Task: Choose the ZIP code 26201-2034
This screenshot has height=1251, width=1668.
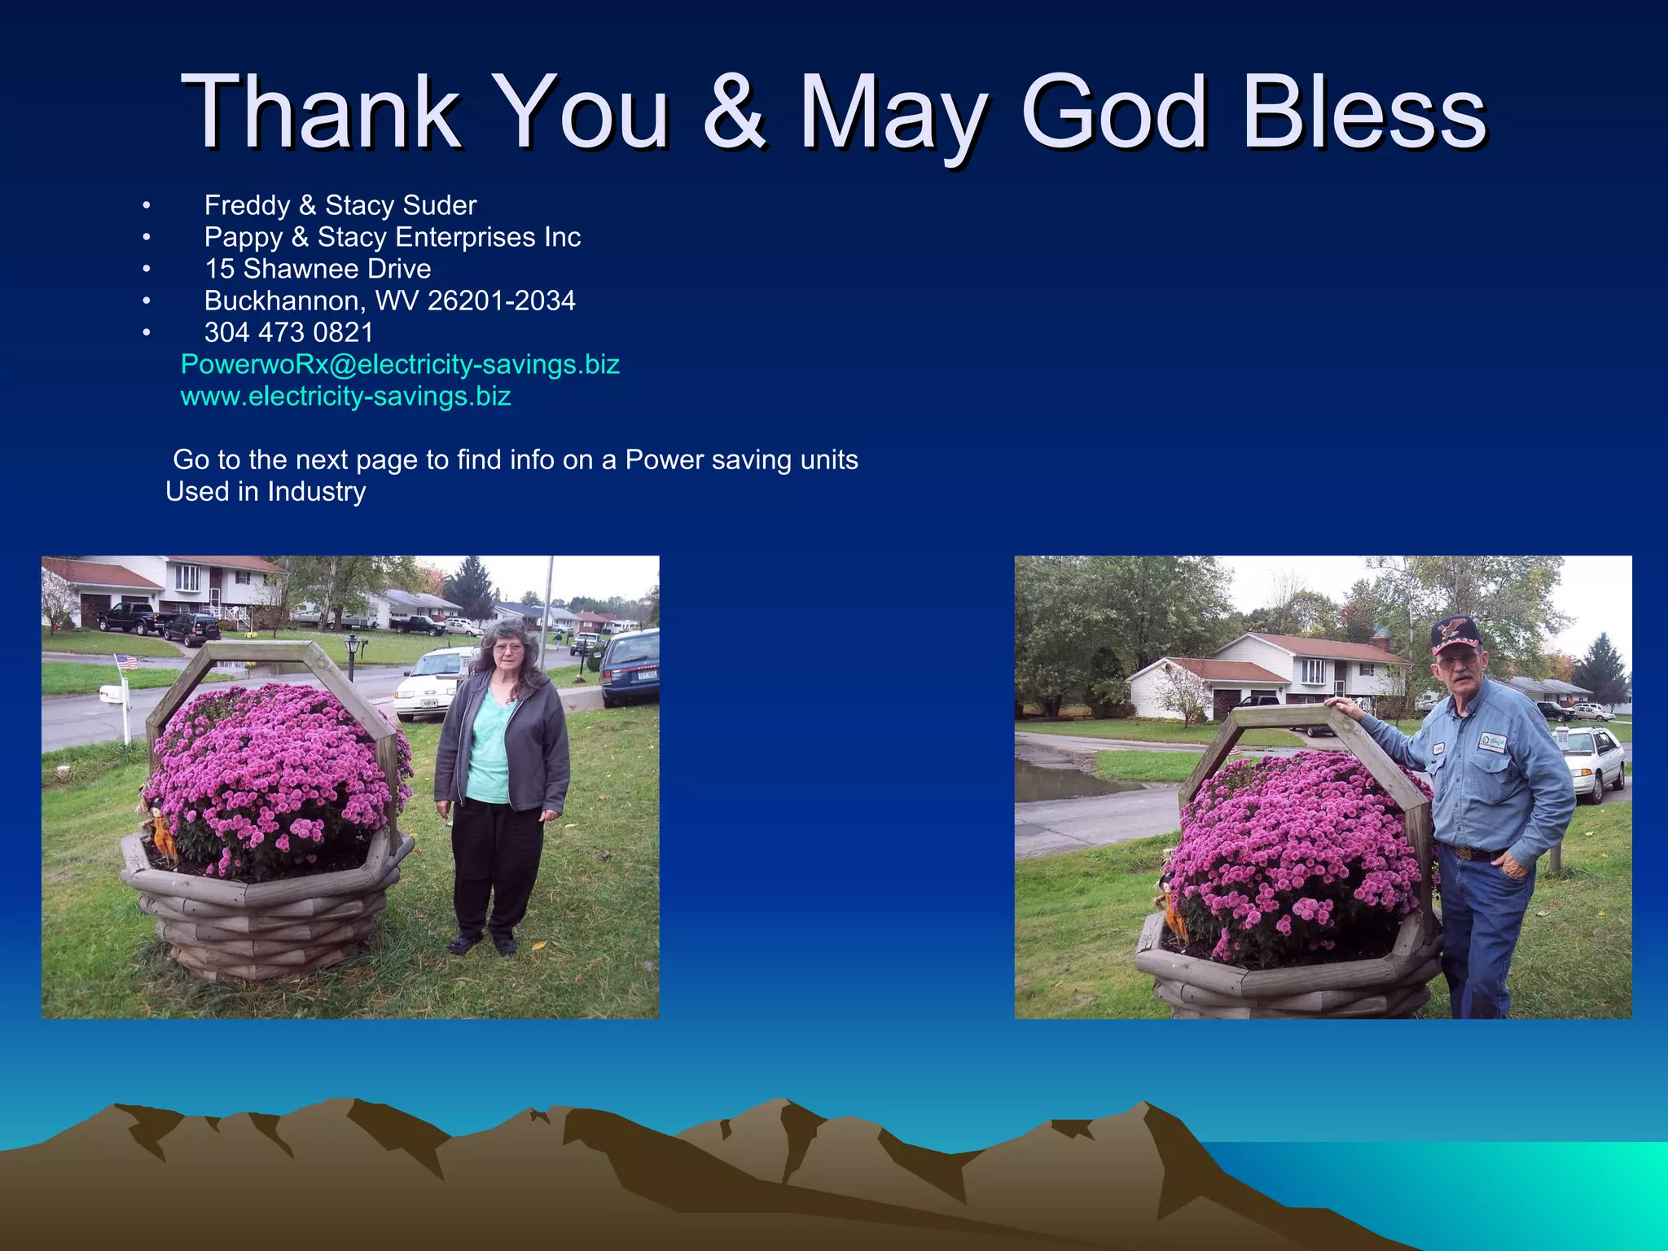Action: pyautogui.click(x=501, y=301)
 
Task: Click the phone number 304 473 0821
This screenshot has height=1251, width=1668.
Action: pyautogui.click(x=288, y=332)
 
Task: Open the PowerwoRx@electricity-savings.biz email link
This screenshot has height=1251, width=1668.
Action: pyautogui.click(x=400, y=364)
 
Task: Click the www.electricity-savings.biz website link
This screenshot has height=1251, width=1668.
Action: pyautogui.click(x=345, y=396)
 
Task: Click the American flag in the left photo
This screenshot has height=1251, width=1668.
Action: pyautogui.click(x=126, y=662)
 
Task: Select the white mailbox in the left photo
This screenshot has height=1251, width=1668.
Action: pyautogui.click(x=111, y=694)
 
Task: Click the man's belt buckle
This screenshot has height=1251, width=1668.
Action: pyautogui.click(x=1464, y=853)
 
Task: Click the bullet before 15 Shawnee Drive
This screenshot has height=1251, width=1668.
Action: pyautogui.click(x=146, y=269)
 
